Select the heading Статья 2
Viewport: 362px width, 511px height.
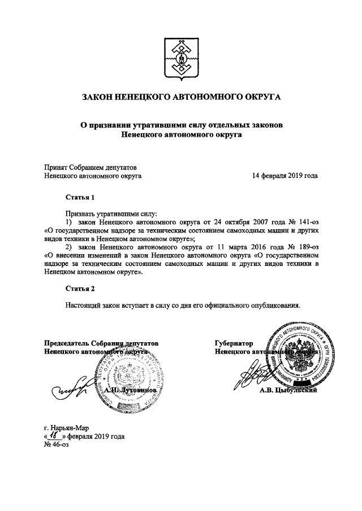[x=78, y=289]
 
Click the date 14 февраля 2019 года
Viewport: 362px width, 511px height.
[x=285, y=176]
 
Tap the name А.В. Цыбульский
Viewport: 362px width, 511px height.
[x=288, y=390]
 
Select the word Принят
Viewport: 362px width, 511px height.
[x=55, y=167]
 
